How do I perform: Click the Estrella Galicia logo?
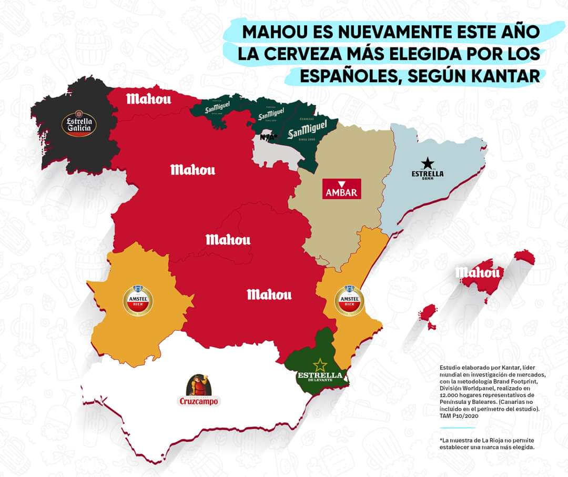tap(78, 124)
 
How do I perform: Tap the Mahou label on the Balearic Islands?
tap(478, 272)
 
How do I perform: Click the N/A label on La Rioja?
tap(268, 137)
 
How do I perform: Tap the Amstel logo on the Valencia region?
tap(349, 299)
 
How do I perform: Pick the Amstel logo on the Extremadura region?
tap(137, 300)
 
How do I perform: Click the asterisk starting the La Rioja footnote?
tap(441, 440)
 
